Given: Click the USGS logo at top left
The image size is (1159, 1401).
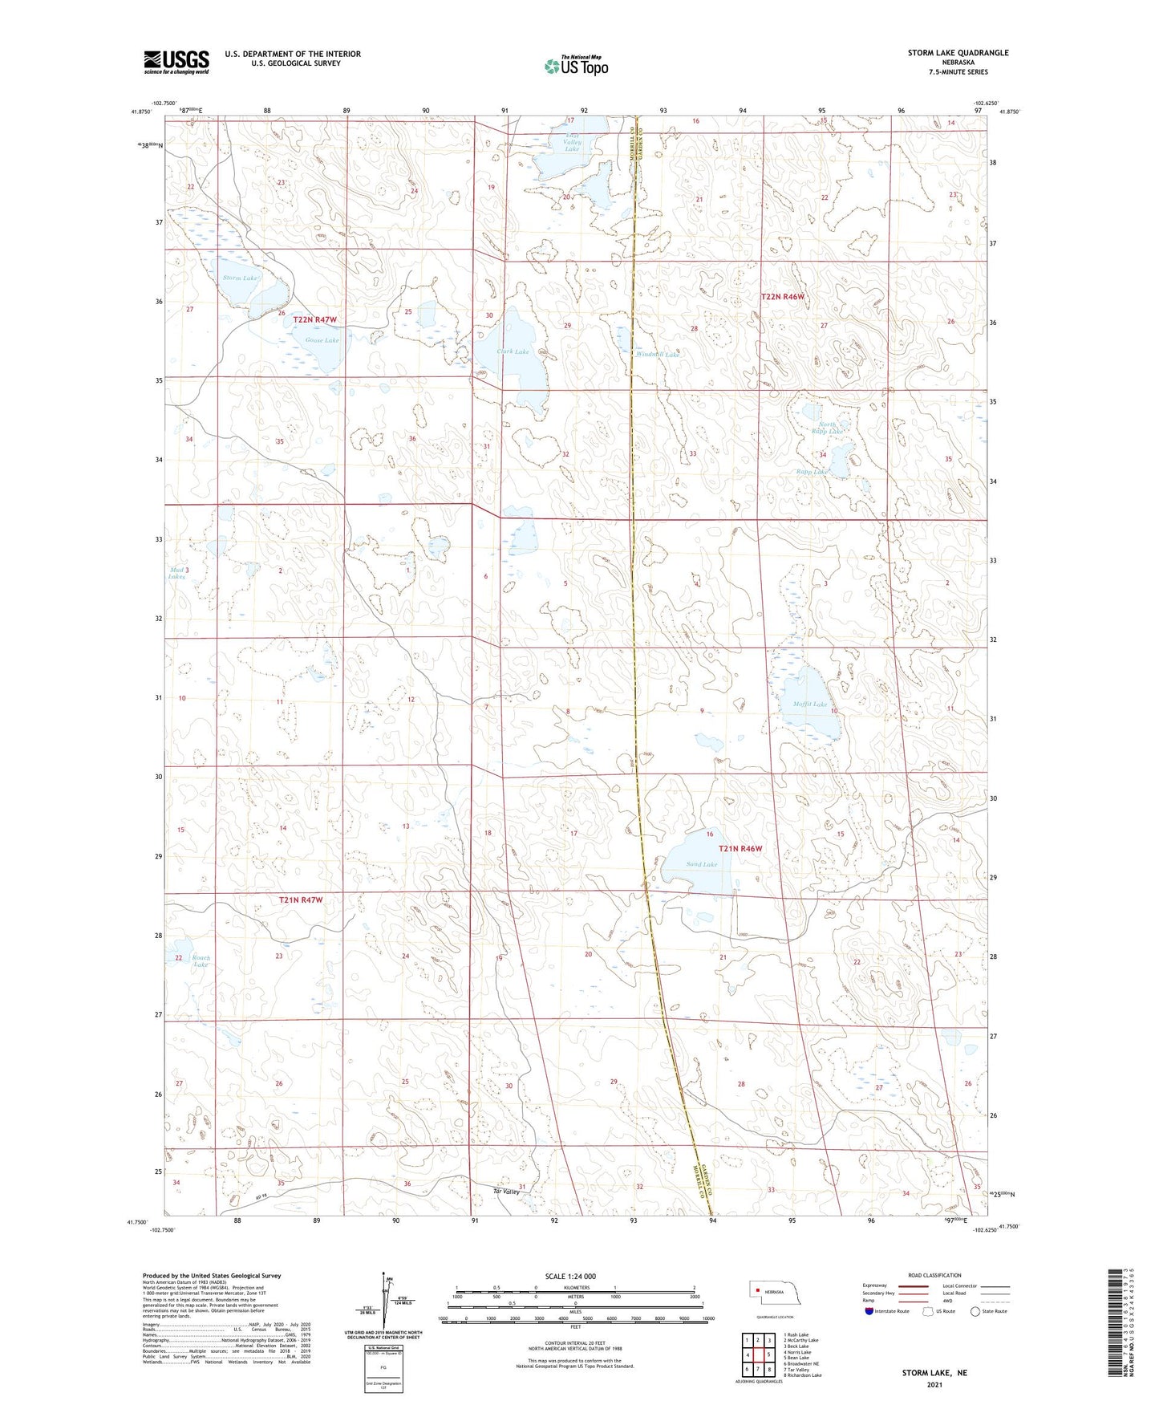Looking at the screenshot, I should click(x=176, y=62).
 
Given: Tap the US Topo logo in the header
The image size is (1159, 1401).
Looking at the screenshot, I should click(x=576, y=66).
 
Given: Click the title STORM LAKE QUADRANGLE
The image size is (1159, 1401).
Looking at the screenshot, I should click(x=958, y=53).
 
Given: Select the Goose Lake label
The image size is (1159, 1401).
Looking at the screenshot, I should click(x=322, y=340).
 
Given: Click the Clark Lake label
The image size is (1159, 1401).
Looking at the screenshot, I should click(x=513, y=351).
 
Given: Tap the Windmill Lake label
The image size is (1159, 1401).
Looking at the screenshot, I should click(x=657, y=354).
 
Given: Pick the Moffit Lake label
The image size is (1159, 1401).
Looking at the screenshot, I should click(x=809, y=704).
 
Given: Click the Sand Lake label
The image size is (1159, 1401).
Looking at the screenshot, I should click(x=701, y=864).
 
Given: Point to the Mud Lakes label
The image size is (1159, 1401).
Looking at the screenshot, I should click(x=177, y=573).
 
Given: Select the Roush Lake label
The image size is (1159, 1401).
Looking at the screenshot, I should click(x=201, y=960).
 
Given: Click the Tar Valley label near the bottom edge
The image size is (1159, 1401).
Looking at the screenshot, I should click(x=506, y=1192).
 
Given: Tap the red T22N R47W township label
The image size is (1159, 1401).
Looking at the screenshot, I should click(x=315, y=319).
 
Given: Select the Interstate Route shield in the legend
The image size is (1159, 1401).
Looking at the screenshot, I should click(x=869, y=1311).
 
